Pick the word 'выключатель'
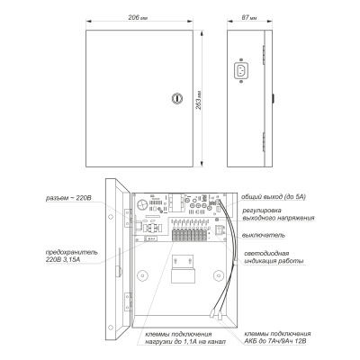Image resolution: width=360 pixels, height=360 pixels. (265, 237)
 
